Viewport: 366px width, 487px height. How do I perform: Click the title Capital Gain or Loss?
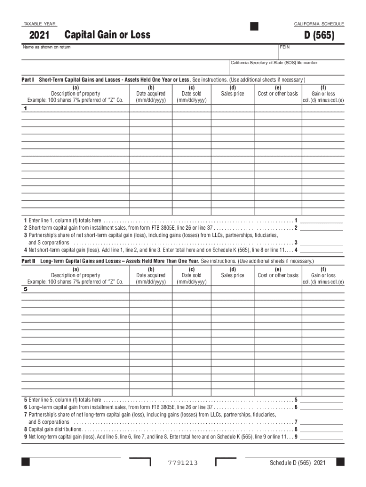click(107, 35)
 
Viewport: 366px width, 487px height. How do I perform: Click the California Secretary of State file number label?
click(274, 63)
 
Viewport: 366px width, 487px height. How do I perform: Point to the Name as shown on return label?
click(47, 47)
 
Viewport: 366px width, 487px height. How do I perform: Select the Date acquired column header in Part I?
click(151, 94)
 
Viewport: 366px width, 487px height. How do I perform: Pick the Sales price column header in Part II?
click(232, 275)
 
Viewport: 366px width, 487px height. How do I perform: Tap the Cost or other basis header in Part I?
click(278, 94)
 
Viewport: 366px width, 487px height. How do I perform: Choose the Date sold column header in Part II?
click(192, 275)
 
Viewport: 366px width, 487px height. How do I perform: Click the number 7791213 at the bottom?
click(183, 463)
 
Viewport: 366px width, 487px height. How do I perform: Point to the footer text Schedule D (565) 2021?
click(298, 463)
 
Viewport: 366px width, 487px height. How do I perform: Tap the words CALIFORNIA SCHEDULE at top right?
click(319, 24)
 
